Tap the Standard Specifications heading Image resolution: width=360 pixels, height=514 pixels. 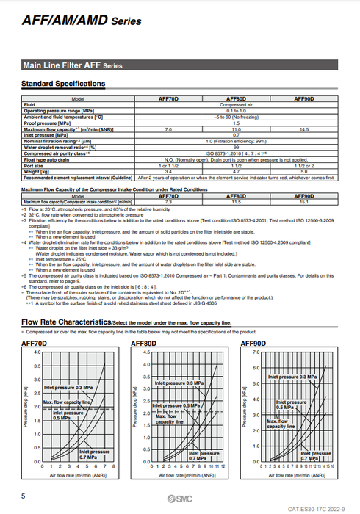coord(64,84)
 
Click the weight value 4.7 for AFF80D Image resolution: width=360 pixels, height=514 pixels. coord(237,170)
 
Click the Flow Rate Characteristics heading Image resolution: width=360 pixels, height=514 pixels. coord(66,322)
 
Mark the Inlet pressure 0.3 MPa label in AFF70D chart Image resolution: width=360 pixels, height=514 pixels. coord(68,387)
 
